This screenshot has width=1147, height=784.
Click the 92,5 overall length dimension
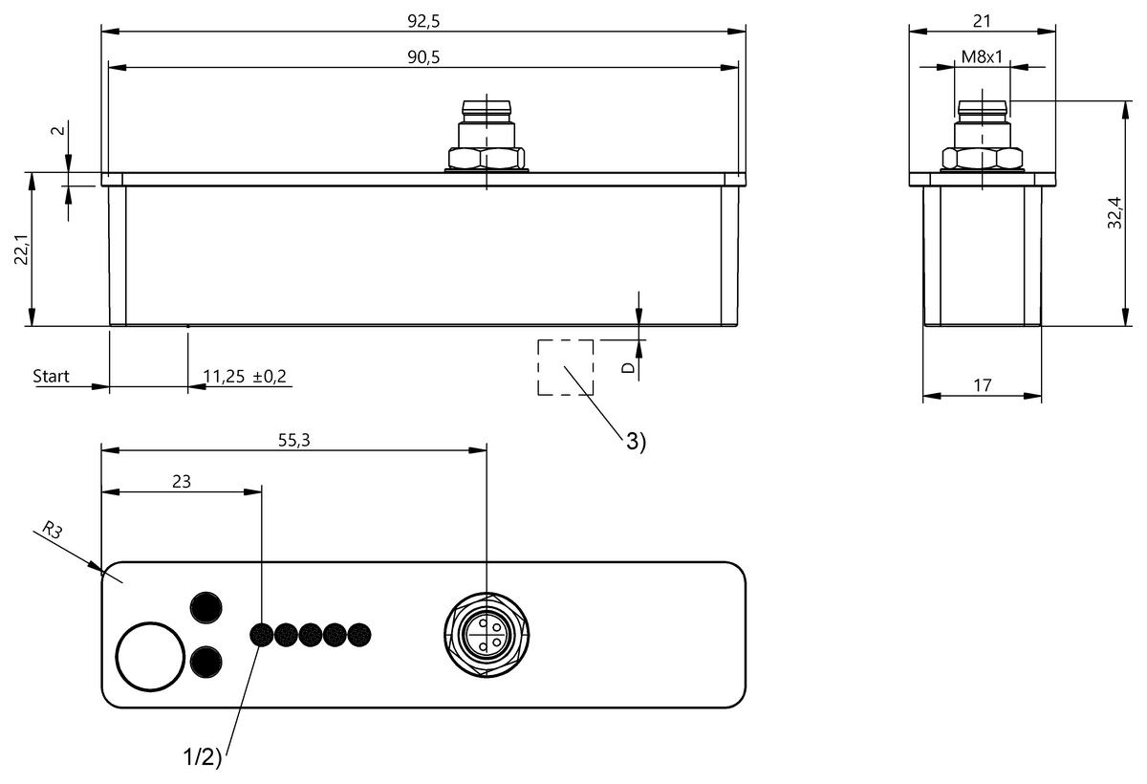point(422,18)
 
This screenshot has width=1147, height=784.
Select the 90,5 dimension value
point(422,56)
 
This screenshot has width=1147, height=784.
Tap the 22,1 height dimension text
point(20,250)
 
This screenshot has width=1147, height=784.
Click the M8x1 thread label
point(982,56)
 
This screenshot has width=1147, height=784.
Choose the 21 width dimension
point(982,18)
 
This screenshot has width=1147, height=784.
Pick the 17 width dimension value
point(982,385)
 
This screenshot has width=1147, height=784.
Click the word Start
point(52,376)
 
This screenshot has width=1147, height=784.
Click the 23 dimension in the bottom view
point(181,481)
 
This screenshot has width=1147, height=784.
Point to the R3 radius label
point(53,531)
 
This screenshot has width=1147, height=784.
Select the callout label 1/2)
point(202,758)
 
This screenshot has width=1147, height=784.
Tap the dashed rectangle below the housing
point(565,367)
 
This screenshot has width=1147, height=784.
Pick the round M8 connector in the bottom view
point(486,635)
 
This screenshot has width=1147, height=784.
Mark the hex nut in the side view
point(982,159)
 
